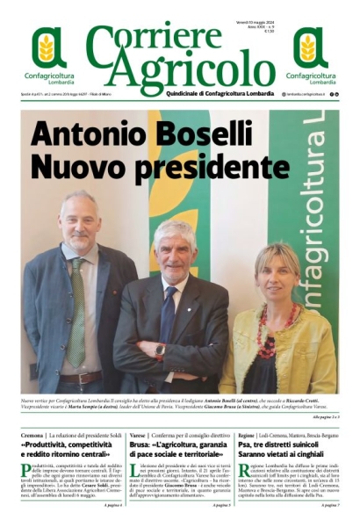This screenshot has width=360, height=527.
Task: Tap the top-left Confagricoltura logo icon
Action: tap(49, 48)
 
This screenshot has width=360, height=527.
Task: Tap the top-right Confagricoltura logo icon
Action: tap(311, 48)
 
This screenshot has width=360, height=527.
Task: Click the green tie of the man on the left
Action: tap(78, 312)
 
